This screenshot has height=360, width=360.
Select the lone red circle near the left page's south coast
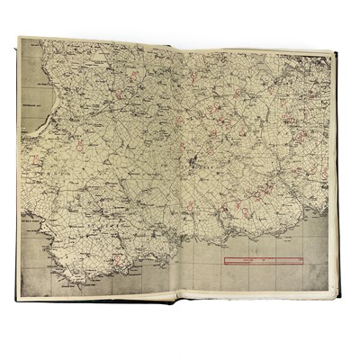click(120, 261)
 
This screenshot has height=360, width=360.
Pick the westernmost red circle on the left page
click(36, 163)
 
